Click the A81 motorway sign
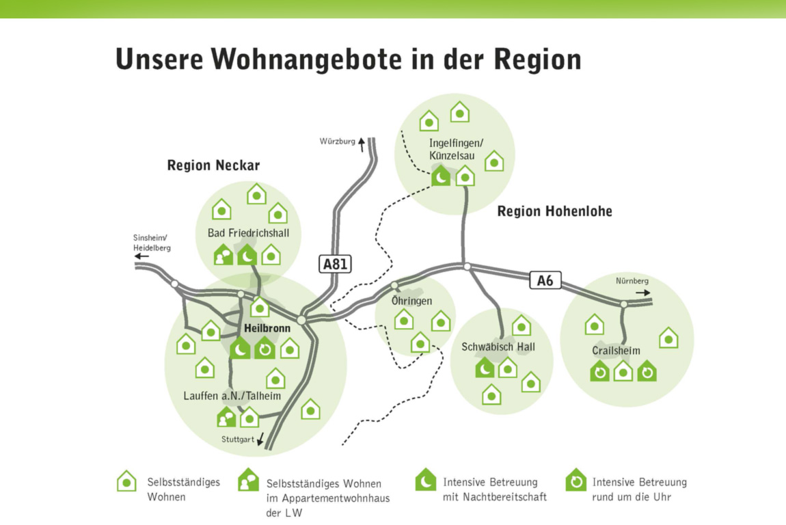click(x=335, y=265)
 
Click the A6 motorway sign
click(x=545, y=280)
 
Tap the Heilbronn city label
click(x=267, y=328)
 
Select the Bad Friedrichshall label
click(x=248, y=233)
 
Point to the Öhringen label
click(x=411, y=301)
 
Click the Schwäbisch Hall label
click(x=498, y=347)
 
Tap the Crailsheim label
click(x=616, y=351)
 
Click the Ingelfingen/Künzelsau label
click(x=456, y=149)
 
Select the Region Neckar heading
click(x=213, y=165)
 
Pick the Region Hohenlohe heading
click(x=554, y=211)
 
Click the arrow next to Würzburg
click(x=362, y=142)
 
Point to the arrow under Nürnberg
click(x=643, y=292)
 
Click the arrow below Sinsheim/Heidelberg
click(x=142, y=256)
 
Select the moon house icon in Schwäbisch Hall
click(x=485, y=368)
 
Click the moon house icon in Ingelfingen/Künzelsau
click(x=441, y=177)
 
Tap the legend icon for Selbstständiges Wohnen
click(x=126, y=481)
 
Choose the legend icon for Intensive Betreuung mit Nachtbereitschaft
click(x=425, y=480)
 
